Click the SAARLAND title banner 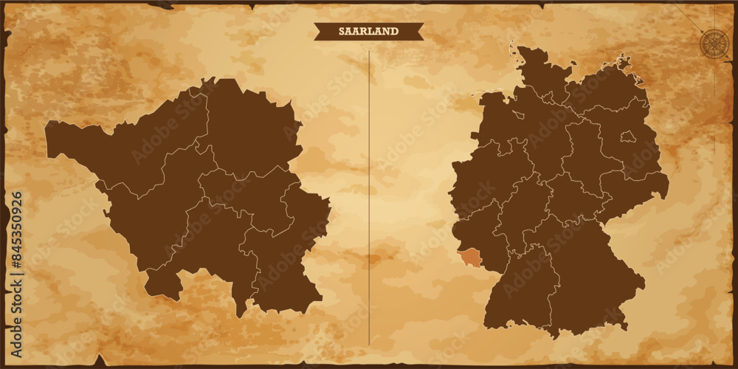pyautogui.click(x=368, y=31)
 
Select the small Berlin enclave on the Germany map pyautogui.click(x=627, y=137)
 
